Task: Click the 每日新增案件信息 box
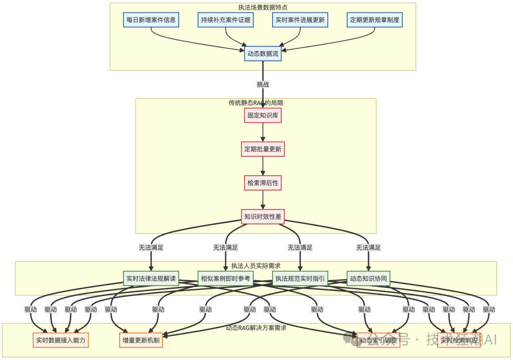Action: coord(151,20)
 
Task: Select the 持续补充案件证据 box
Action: coord(226,20)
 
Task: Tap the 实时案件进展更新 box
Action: coord(300,20)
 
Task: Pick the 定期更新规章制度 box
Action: coord(375,20)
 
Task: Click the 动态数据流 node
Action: coord(263,54)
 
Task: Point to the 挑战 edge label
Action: coord(263,85)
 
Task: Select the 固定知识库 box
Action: coord(263,115)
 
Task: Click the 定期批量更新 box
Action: coord(263,149)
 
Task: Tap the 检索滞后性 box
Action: coord(263,183)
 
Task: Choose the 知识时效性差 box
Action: coord(263,217)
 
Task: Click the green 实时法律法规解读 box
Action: coord(151,278)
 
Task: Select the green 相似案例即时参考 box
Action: coord(226,278)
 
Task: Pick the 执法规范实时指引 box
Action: coord(300,278)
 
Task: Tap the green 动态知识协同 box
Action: coord(368,278)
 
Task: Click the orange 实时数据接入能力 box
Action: coord(61,340)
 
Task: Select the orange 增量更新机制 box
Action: coord(141,340)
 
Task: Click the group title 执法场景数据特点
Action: coord(263,7)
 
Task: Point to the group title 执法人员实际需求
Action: coord(256,266)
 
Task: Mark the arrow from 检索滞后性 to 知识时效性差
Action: coord(263,200)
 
